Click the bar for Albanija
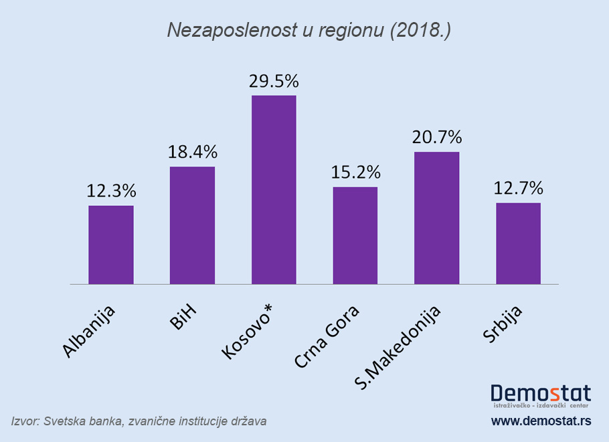111,245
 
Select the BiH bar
192,225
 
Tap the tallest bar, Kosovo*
274,190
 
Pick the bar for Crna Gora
355,235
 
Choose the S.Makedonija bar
436,218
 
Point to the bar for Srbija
518,243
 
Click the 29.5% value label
274,81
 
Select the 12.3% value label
111,191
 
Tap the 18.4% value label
192,152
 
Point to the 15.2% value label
355,172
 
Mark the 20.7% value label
436,137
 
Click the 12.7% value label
518,188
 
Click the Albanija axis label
90,332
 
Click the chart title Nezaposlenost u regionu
304,31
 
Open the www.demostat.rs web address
541,421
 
